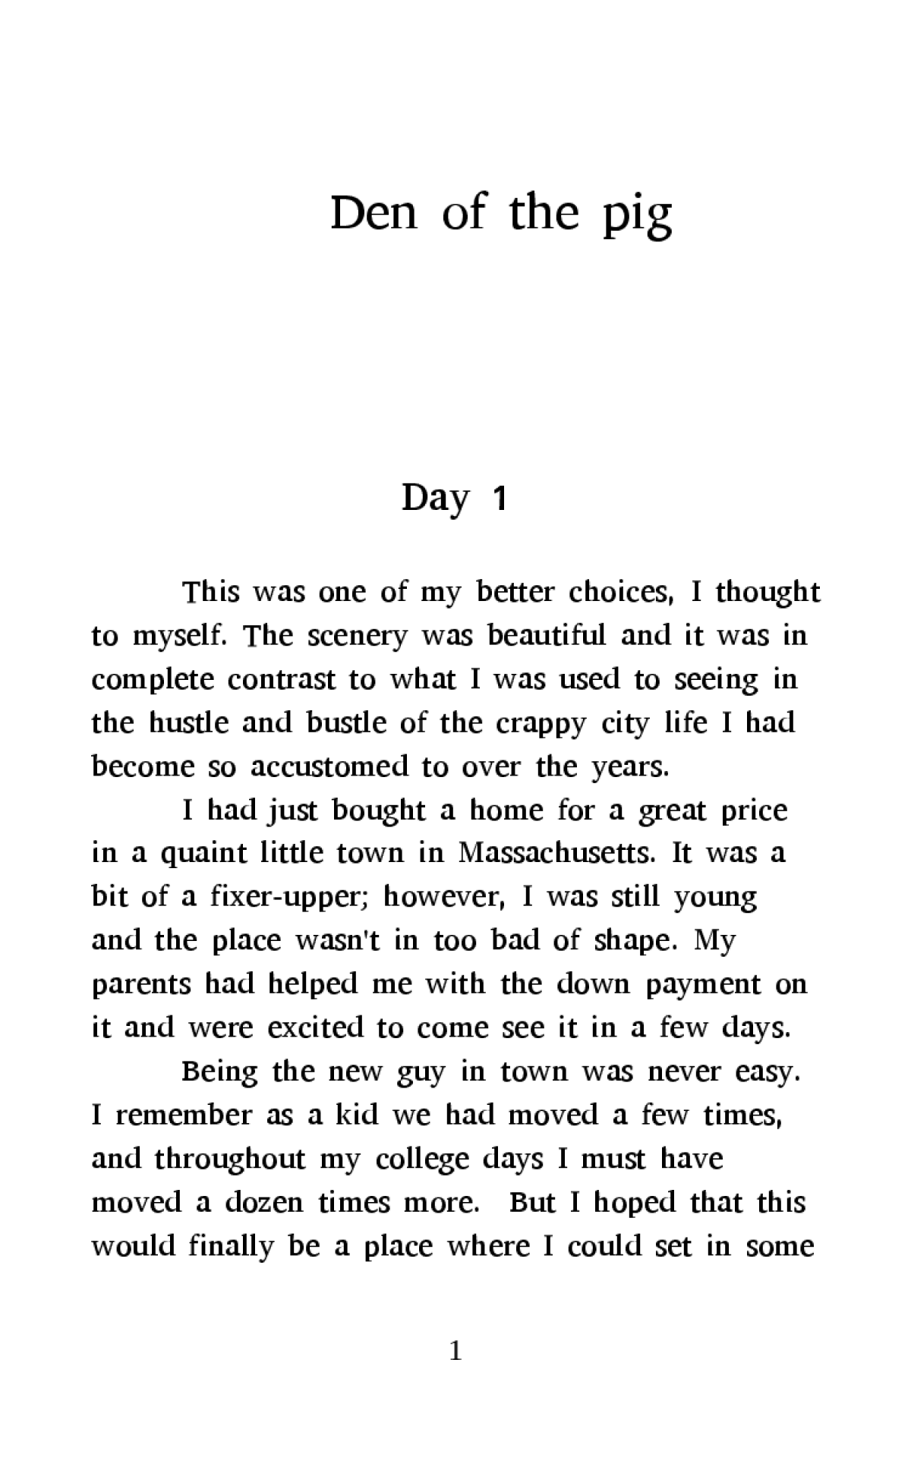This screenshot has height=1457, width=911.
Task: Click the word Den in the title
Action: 374,213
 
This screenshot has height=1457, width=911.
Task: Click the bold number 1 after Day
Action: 500,499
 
